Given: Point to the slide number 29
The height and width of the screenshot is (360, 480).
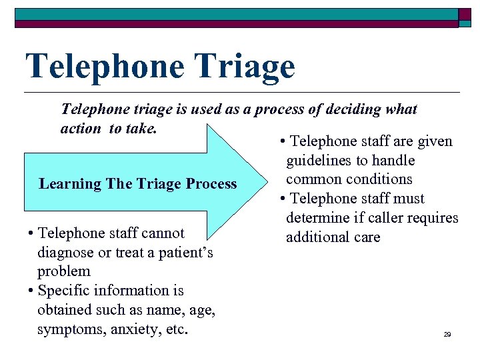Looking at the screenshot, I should click(447, 334).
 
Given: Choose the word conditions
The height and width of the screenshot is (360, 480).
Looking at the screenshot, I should click(380, 179).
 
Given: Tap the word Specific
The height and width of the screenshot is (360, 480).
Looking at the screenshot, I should click(64, 291).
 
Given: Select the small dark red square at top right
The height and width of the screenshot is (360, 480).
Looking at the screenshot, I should click(465, 15).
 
